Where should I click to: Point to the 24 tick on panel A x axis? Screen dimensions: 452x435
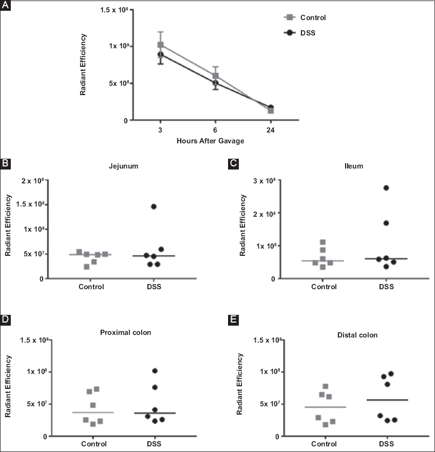(x=270, y=130)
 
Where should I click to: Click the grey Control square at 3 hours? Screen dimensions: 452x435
(x=161, y=45)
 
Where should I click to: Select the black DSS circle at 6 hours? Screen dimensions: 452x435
(x=215, y=83)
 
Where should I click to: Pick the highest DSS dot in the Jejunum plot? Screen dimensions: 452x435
(x=153, y=206)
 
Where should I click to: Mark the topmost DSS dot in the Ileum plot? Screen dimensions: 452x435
(x=386, y=188)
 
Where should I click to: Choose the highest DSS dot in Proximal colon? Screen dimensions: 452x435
(x=155, y=371)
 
